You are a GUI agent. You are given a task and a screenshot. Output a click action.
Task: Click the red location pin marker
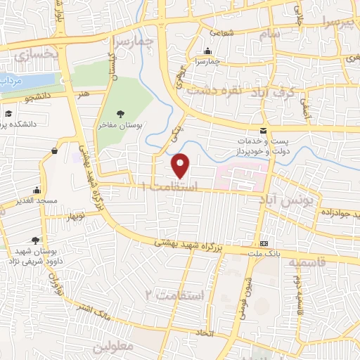pos(181,166)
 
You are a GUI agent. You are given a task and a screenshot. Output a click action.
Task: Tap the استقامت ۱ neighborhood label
pos(168,188)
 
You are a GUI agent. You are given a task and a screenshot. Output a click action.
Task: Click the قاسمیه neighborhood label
pos(307,262)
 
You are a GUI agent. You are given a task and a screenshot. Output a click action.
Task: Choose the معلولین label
pos(112,347)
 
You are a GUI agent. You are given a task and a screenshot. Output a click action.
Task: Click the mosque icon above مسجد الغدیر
pos(36,190)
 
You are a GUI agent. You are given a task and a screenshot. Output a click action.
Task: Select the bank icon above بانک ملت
pos(263,241)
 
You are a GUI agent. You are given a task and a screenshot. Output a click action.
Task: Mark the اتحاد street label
pos(205,331)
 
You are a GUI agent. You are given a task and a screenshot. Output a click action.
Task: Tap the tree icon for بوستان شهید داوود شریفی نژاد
pos(36,240)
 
